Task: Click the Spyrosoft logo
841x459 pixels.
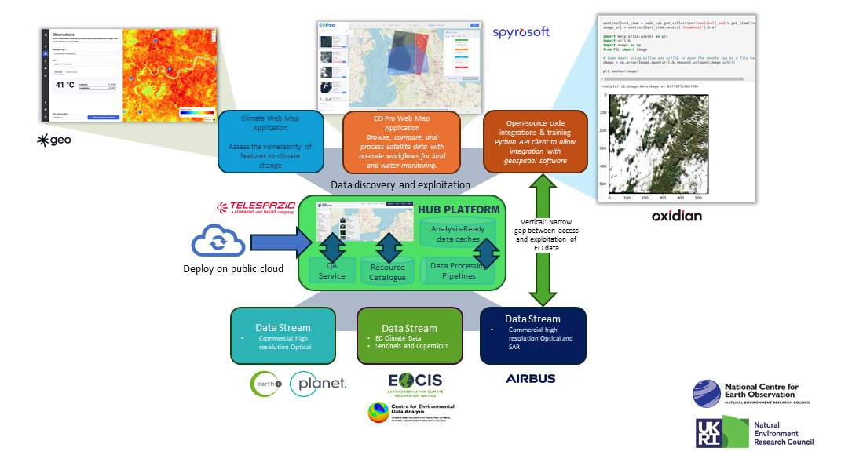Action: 521,32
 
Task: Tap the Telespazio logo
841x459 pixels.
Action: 255,208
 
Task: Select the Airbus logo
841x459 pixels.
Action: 530,378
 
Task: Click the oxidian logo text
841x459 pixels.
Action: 676,215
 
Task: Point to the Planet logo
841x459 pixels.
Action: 318,384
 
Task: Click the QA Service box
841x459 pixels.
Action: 331,271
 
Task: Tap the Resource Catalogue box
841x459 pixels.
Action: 388,271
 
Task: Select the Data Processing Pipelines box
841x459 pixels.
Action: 459,270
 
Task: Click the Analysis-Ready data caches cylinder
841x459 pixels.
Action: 458,233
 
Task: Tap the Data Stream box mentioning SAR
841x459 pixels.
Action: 533,335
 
